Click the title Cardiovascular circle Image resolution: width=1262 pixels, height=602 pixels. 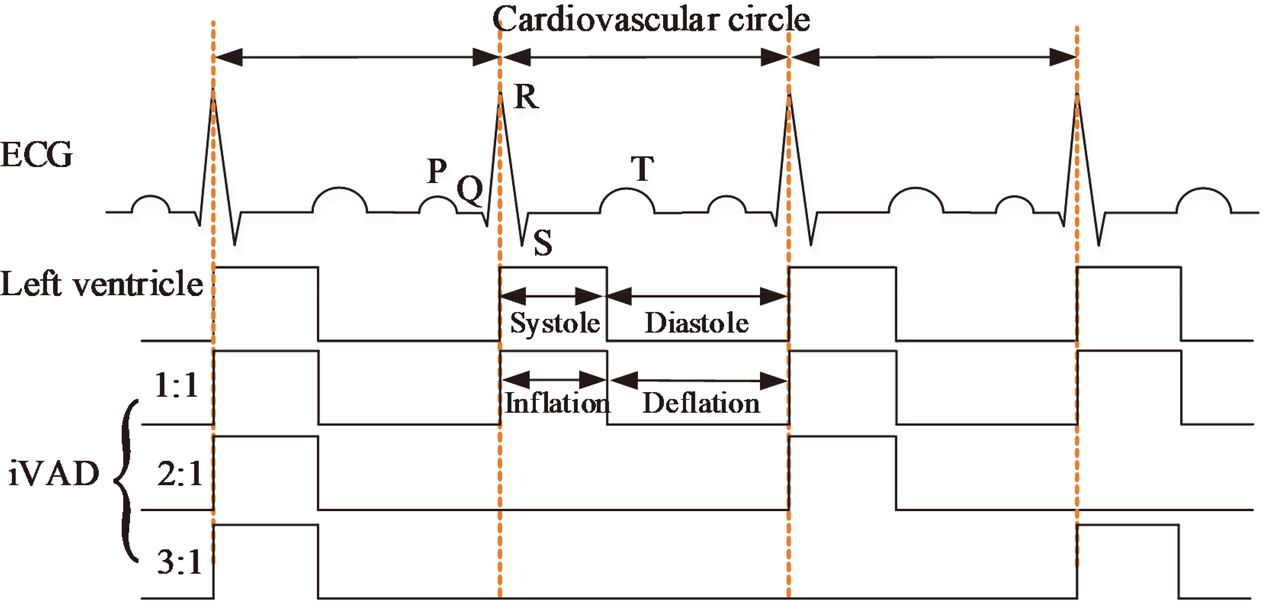[x=651, y=20]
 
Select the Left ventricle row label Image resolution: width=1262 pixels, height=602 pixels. [x=101, y=284]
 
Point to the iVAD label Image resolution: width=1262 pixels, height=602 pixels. [x=54, y=475]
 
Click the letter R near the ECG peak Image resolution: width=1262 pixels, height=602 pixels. [x=527, y=96]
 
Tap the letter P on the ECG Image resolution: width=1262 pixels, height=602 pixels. [x=436, y=171]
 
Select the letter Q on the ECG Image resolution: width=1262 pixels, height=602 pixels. [x=470, y=190]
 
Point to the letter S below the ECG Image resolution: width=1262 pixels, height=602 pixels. [x=543, y=243]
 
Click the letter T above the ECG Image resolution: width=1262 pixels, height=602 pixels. [x=642, y=169]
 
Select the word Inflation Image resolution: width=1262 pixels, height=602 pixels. [x=557, y=404]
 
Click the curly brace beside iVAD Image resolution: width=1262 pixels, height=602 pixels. [x=126, y=480]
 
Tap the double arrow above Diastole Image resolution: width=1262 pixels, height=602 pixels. [x=697, y=296]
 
